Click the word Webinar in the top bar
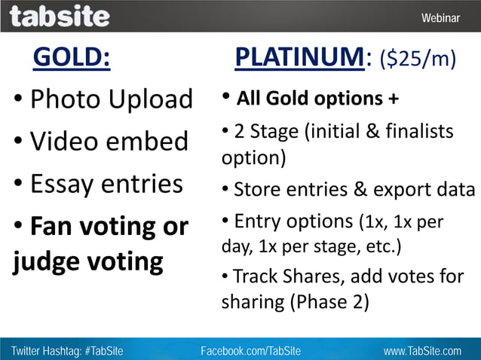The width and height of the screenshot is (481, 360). point(440,17)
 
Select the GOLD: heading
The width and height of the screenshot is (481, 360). point(72,58)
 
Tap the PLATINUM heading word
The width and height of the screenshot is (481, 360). point(300,57)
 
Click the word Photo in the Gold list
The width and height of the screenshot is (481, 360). point(65,99)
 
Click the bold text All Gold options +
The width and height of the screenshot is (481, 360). point(317,99)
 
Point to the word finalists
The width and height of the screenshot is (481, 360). point(423,132)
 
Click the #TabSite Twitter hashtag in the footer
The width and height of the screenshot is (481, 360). point(99,351)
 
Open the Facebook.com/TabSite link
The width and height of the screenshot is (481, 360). point(250,351)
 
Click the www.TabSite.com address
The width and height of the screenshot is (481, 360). point(421,351)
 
